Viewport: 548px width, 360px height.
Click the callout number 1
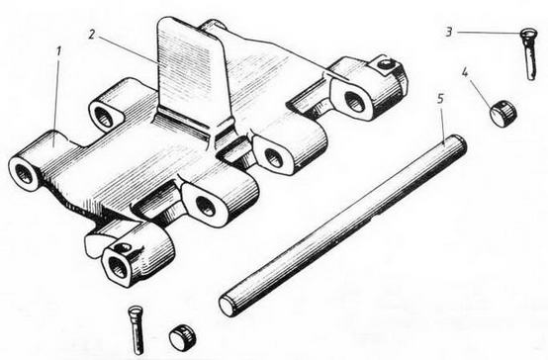tap(58, 51)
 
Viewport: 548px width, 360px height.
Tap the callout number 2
tap(92, 35)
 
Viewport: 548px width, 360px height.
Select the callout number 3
tap(449, 33)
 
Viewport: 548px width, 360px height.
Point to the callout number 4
tap(465, 73)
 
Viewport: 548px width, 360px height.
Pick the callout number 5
tap(440, 99)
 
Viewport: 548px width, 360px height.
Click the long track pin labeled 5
tap(343, 225)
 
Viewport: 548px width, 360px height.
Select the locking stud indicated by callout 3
tap(528, 54)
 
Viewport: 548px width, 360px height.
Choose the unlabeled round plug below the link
tap(182, 336)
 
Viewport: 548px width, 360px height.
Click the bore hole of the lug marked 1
tap(25, 174)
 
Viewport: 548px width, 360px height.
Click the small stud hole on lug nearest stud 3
tap(385, 64)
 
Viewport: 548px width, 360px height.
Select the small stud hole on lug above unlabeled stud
tap(123, 247)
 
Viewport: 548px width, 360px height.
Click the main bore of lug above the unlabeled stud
tap(117, 267)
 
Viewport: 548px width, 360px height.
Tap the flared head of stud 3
tap(527, 34)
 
